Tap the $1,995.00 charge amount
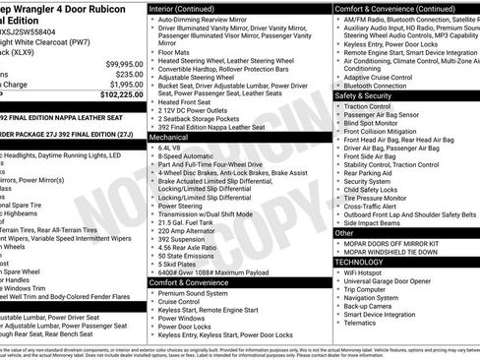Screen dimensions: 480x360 click(x=119, y=85)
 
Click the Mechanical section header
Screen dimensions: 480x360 click(x=172, y=139)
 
